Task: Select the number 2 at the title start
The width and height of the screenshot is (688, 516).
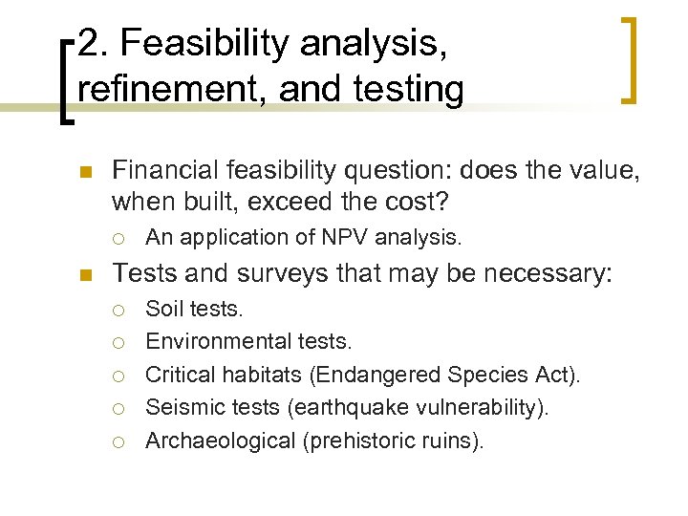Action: pos(88,43)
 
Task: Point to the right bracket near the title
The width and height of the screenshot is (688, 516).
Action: pos(630,59)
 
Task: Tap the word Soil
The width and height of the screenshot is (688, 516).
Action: pos(164,309)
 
